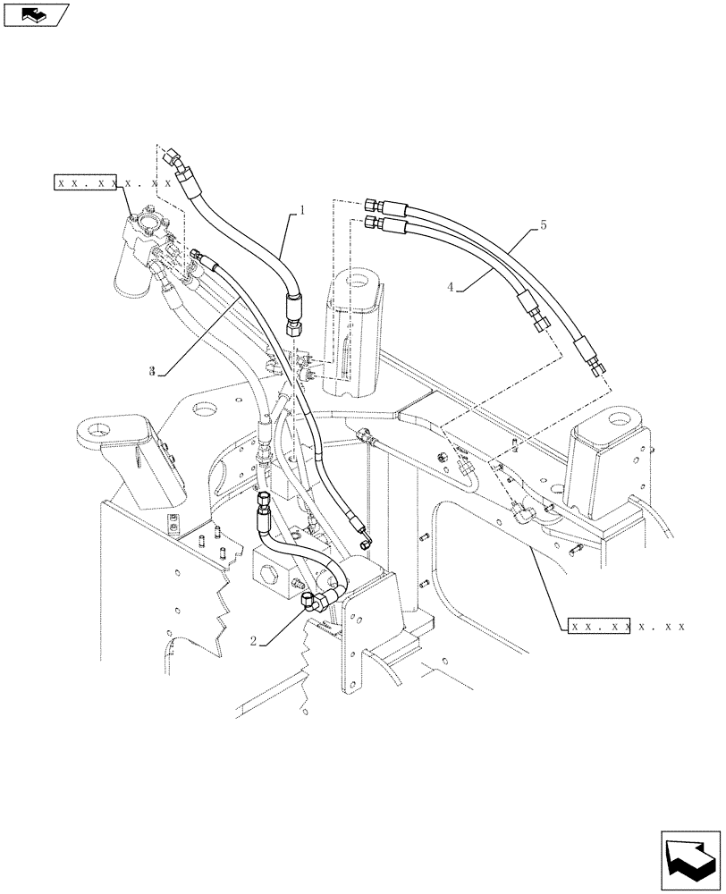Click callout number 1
click(x=302, y=211)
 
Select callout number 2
click(x=254, y=640)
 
